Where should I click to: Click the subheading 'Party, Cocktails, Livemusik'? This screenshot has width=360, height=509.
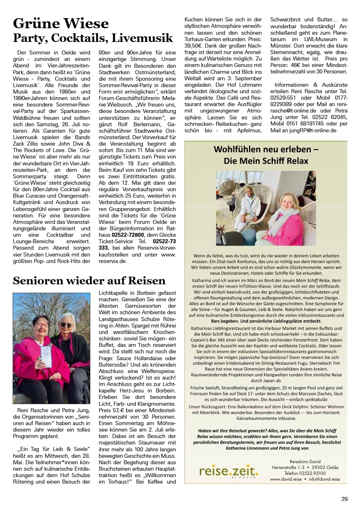coord(93,38)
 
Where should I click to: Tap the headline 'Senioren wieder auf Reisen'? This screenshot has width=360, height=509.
coord(89,280)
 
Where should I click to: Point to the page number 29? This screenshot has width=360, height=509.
coord(344,499)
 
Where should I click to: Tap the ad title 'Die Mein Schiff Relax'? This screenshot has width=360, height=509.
coord(266,161)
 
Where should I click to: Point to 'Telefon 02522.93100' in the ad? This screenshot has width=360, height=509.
coord(304,473)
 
